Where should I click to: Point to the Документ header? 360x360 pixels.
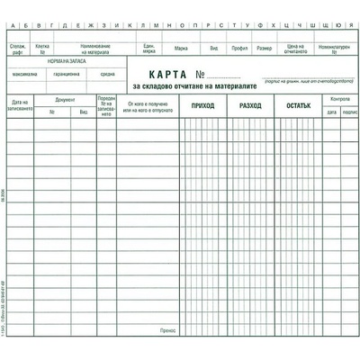point(65,99)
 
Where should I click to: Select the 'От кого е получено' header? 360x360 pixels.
point(148,107)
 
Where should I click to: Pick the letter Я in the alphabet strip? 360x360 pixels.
point(348,27)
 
